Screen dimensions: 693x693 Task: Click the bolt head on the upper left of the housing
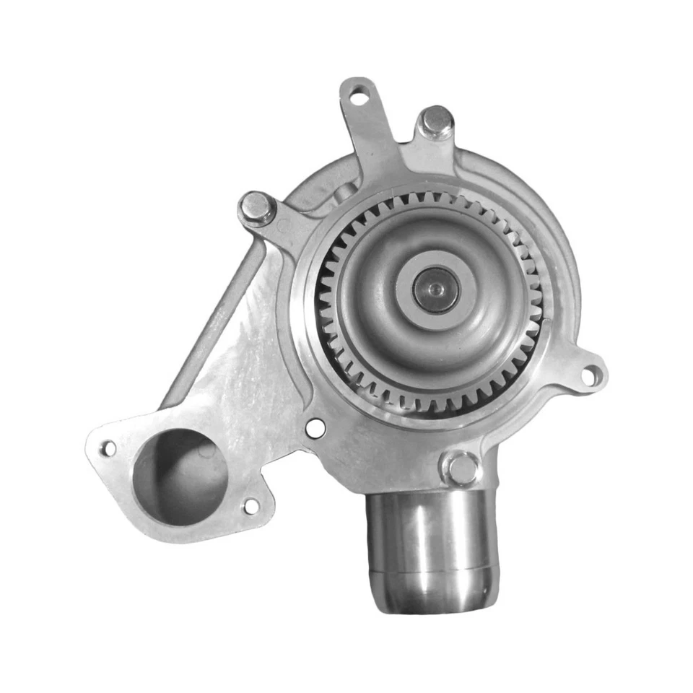257,207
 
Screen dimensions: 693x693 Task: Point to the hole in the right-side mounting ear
590,375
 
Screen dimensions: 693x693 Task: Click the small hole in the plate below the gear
315,428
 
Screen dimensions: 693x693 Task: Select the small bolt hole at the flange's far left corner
108,448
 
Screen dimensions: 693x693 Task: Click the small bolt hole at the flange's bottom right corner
250,506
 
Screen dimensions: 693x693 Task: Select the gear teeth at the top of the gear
426,199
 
